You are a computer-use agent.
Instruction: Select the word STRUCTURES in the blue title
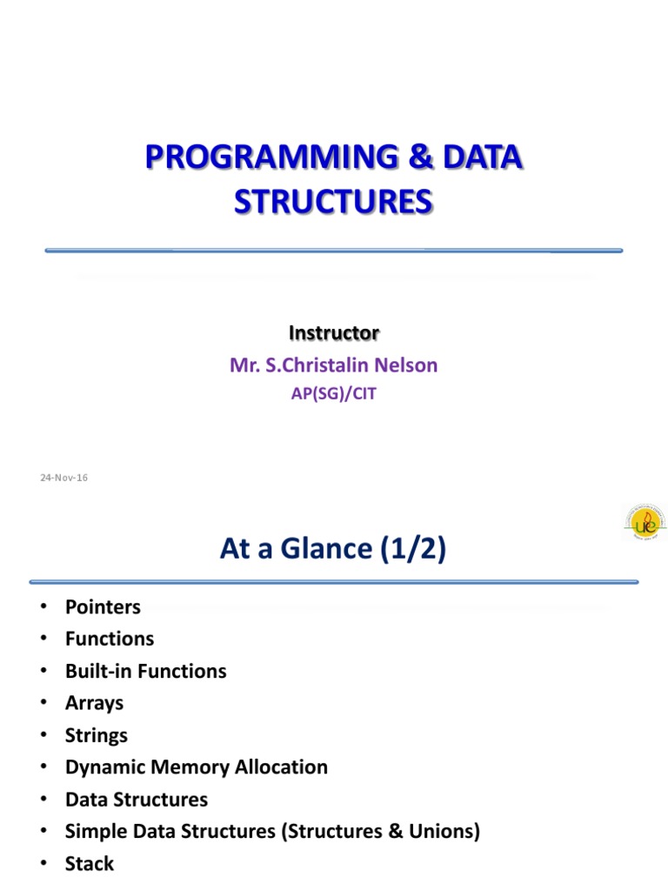[x=334, y=201]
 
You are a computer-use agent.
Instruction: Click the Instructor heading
[x=334, y=332]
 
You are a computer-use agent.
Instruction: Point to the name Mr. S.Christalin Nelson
[x=334, y=365]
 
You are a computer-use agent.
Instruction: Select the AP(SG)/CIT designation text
[x=334, y=393]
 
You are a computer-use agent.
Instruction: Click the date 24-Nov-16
[x=64, y=478]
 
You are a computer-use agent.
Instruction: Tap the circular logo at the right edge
[x=645, y=522]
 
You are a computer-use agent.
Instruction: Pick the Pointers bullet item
[x=103, y=607]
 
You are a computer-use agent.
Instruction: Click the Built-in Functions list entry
[x=145, y=671]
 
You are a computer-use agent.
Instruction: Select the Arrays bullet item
[x=94, y=703]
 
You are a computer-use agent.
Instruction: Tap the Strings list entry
[x=96, y=735]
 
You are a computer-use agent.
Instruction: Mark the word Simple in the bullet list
[x=92, y=831]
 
